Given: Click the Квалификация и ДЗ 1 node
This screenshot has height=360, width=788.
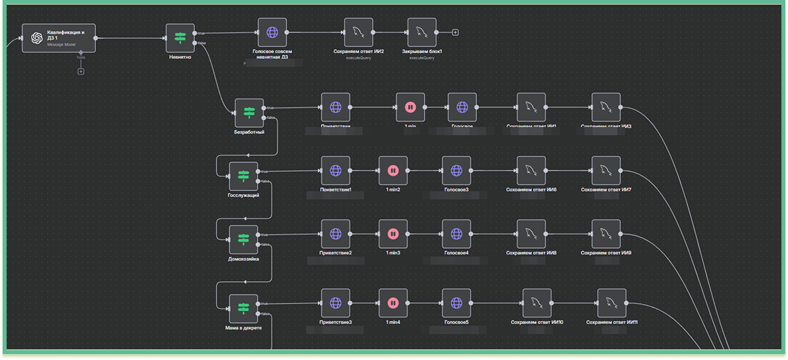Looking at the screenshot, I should [x=58, y=38].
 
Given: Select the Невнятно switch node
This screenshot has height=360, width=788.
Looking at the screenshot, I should [x=180, y=38].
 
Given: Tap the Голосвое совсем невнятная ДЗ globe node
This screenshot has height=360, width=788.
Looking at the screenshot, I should [x=272, y=32].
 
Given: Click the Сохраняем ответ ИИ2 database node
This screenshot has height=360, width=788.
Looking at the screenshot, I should [x=358, y=32].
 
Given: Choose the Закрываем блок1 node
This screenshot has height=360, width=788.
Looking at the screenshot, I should [x=422, y=32].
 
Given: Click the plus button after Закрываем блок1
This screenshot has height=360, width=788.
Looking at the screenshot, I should [x=455, y=32].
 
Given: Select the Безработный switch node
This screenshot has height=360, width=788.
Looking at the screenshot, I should [x=249, y=113].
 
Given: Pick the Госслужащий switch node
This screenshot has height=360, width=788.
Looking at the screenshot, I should [x=243, y=176].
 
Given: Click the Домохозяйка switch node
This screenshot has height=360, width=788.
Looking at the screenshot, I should [x=243, y=239].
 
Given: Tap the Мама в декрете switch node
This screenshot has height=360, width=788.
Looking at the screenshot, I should [x=243, y=309].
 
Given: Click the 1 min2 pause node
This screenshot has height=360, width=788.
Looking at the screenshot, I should [x=393, y=170].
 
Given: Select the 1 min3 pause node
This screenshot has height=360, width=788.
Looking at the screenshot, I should [x=393, y=233].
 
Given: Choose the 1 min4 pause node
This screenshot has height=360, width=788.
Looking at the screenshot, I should [x=393, y=303].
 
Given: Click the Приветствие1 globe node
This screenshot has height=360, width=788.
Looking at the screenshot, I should [x=336, y=170].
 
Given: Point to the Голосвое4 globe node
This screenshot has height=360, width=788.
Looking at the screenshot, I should [x=456, y=233].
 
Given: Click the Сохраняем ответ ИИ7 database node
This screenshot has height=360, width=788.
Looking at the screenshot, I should [x=606, y=170].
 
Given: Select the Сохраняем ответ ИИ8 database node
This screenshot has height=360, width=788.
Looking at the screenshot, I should [x=531, y=233].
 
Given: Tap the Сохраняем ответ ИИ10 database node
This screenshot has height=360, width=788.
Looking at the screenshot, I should [x=537, y=303].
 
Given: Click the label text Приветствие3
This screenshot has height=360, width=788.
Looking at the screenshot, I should [x=336, y=323].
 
